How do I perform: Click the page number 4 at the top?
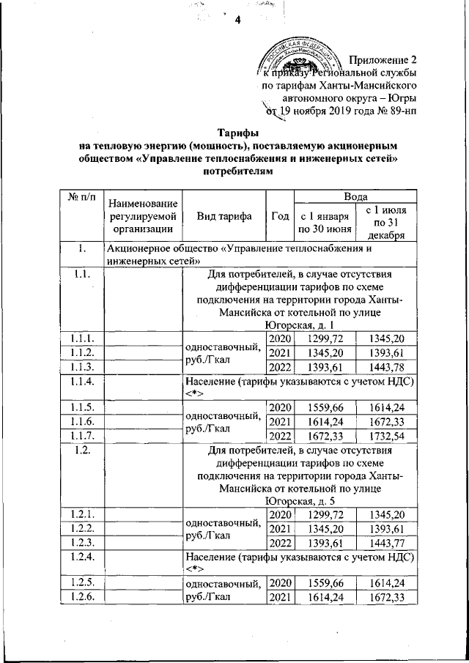[x=237, y=19]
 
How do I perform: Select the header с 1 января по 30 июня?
[x=324, y=223]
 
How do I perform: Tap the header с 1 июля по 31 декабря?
[x=386, y=223]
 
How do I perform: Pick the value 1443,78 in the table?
[x=386, y=366]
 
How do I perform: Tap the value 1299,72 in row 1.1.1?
[x=325, y=338]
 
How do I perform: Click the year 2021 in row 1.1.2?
[x=280, y=352]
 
